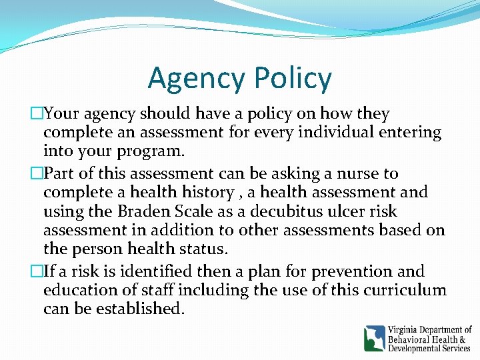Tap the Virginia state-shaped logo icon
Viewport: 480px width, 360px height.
(375, 338)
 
